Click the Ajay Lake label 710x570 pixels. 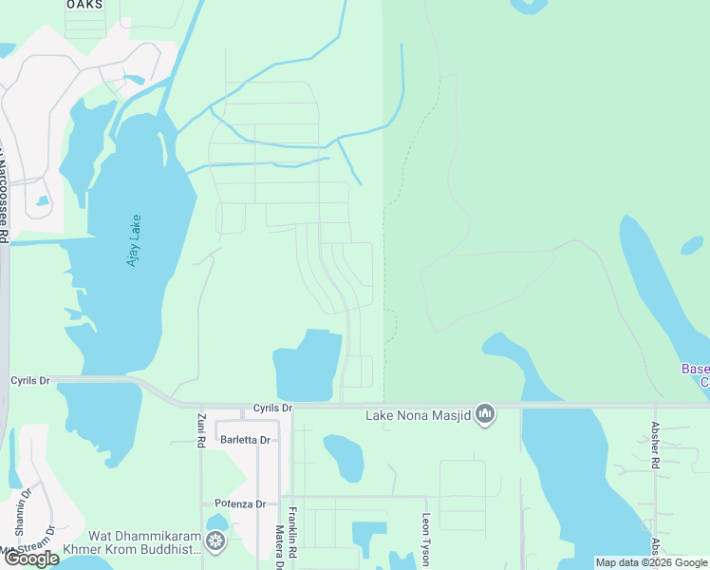(135, 239)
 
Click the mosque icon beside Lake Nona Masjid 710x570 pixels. (485, 413)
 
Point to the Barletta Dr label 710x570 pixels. (245, 440)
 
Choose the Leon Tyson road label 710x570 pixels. (426, 539)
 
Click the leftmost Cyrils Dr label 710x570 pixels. (29, 380)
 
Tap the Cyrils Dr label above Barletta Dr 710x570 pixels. (273, 408)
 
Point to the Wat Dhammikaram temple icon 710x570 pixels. (217, 541)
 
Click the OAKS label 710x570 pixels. (84, 5)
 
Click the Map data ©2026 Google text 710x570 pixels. (651, 562)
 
